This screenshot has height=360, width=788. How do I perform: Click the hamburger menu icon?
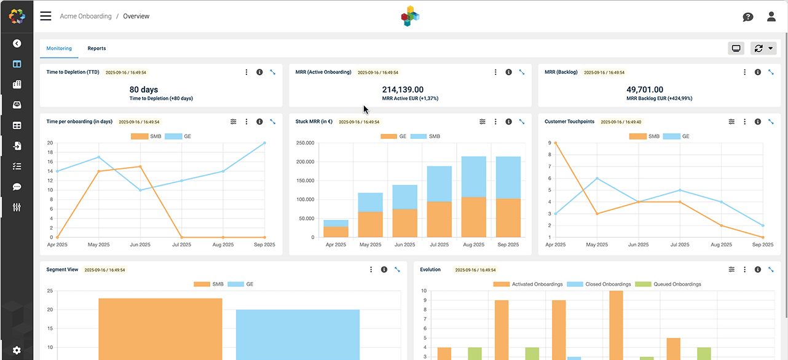click(45, 16)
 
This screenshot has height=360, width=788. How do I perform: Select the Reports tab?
click(97, 49)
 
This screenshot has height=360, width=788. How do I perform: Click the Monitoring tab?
click(59, 49)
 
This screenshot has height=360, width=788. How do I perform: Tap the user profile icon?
click(771, 17)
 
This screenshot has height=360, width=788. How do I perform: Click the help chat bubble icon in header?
click(747, 17)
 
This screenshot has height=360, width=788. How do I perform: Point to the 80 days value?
click(144, 90)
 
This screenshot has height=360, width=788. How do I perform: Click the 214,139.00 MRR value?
click(403, 90)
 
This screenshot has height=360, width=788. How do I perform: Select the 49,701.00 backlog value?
click(652, 90)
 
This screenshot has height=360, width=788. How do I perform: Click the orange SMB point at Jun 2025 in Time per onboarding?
click(140, 166)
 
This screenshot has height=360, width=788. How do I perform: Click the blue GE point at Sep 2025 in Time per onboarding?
click(264, 143)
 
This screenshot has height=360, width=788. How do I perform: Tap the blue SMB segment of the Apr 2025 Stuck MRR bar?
click(336, 223)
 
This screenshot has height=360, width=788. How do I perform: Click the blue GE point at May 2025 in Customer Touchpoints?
click(597, 178)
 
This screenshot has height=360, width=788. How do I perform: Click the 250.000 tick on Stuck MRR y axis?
click(305, 143)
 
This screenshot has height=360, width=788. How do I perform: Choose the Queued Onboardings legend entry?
click(668, 284)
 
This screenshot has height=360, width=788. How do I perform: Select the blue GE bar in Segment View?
click(298, 334)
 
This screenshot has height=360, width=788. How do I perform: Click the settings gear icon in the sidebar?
click(17, 350)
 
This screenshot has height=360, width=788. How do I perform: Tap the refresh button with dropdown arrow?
click(763, 49)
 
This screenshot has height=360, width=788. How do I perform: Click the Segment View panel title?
click(62, 270)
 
